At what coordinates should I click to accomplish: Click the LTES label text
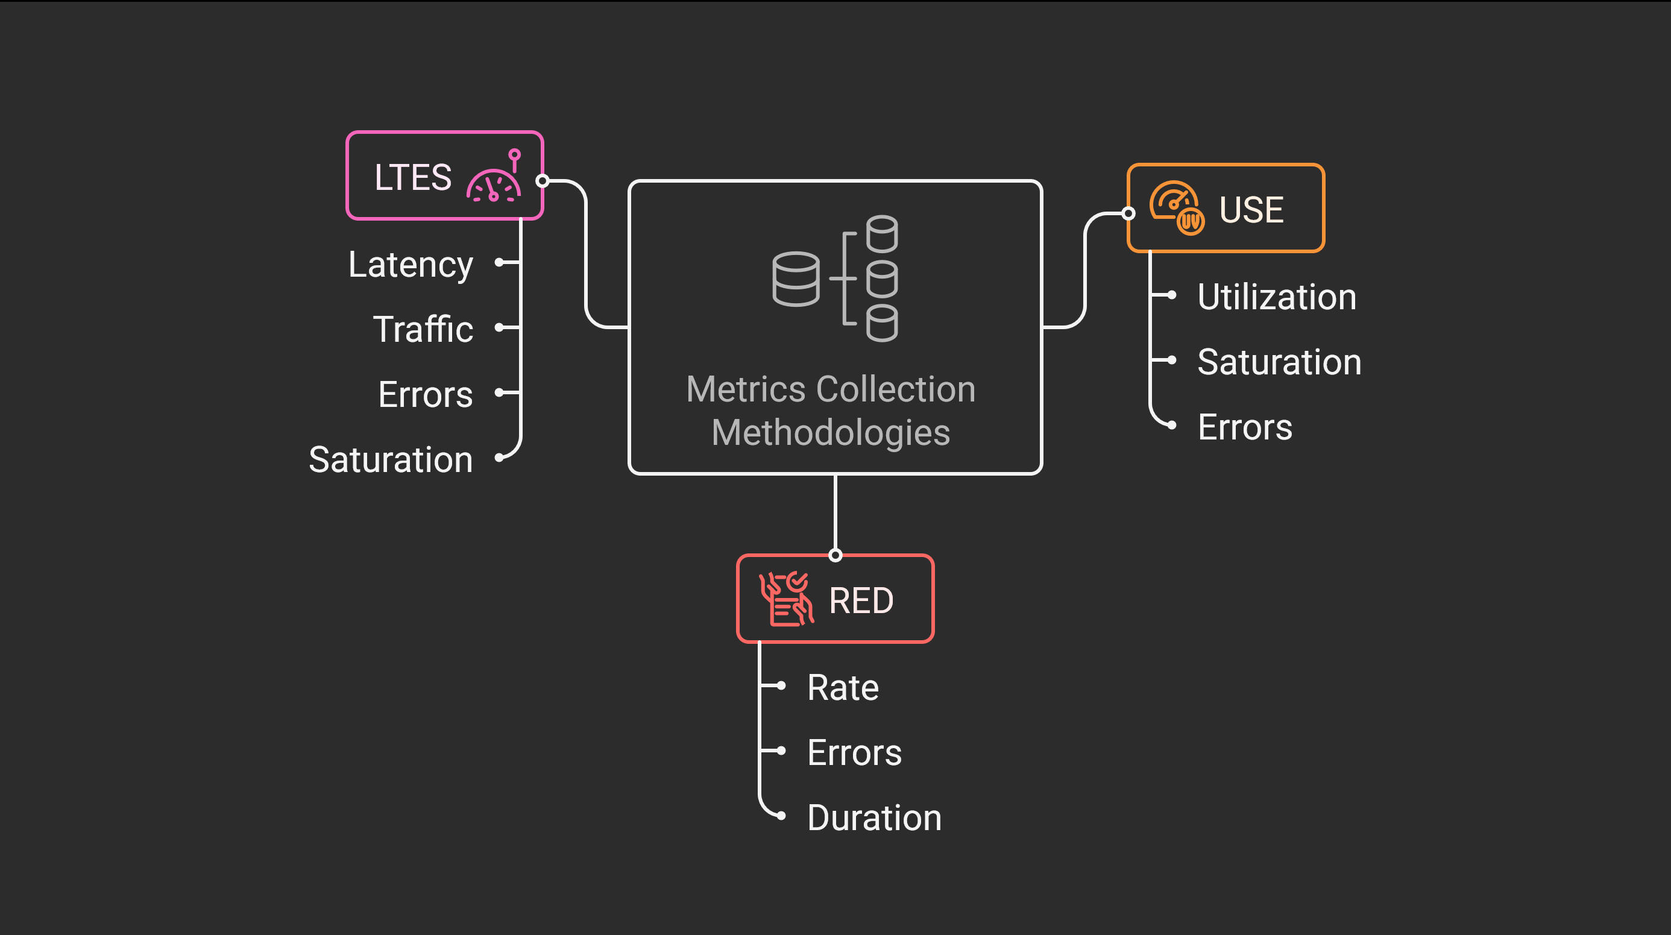[x=412, y=177]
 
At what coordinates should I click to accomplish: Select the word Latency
[x=411, y=264]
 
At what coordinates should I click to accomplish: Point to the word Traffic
[x=423, y=329]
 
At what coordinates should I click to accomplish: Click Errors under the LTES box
[x=426, y=394]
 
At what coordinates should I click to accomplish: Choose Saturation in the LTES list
[x=391, y=459]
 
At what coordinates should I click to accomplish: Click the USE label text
[x=1251, y=210]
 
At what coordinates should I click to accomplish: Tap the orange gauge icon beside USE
[x=1177, y=207]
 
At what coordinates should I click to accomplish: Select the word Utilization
[x=1277, y=297]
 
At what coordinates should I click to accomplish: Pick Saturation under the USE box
[x=1279, y=362]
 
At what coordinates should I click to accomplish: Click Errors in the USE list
[x=1245, y=427]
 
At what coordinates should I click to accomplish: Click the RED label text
[x=861, y=600]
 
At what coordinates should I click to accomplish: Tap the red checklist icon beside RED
[x=786, y=599]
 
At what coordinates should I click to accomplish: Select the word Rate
[x=843, y=687]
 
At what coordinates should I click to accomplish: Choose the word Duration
[x=873, y=817]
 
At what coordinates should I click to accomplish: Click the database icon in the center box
[x=835, y=279]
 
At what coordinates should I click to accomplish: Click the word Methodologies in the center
[x=830, y=432]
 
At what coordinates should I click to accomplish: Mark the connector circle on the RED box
[x=835, y=555]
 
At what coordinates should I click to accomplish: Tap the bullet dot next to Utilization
[x=1171, y=295]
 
